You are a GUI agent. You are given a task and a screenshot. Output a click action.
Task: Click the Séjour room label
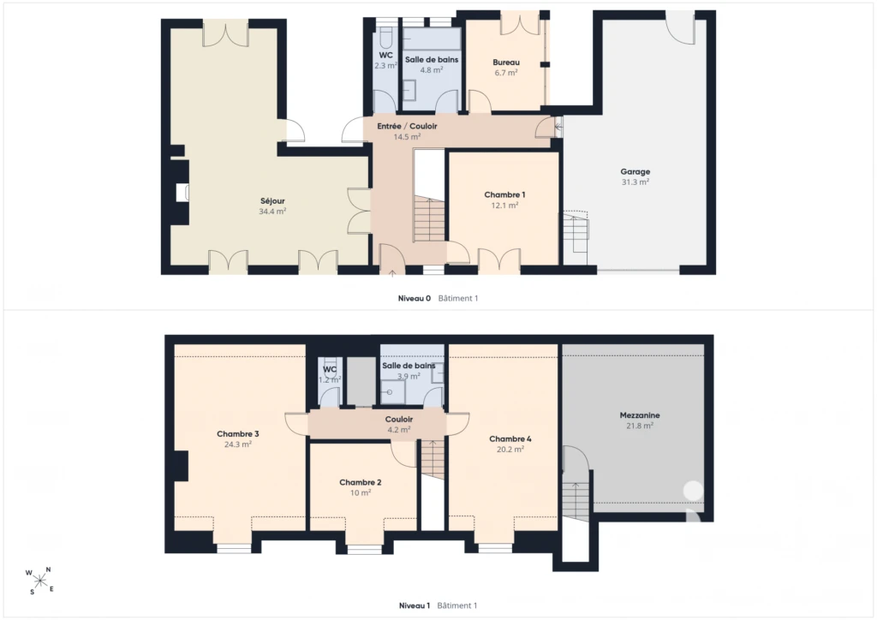pyautogui.click(x=272, y=201)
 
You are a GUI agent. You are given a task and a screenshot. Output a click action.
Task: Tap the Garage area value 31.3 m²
pyautogui.click(x=635, y=182)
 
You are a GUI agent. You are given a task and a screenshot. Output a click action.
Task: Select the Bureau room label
pyautogui.click(x=506, y=63)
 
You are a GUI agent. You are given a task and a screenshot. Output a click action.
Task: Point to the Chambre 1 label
pyautogui.click(x=504, y=195)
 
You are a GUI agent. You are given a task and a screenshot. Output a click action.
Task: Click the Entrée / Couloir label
pyautogui.click(x=407, y=127)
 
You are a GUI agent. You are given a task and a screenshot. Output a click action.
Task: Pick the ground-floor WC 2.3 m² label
pyautogui.click(x=386, y=61)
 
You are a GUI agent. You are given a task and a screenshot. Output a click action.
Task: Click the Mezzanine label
pyautogui.click(x=640, y=415)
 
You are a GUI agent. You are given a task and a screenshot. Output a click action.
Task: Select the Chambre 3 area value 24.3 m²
pyautogui.click(x=238, y=444)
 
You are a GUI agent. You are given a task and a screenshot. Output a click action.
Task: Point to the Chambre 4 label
pyautogui.click(x=510, y=438)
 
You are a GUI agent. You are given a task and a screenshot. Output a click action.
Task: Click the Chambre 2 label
pyautogui.click(x=361, y=482)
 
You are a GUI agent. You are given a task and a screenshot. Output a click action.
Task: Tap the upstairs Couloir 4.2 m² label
pyautogui.click(x=399, y=425)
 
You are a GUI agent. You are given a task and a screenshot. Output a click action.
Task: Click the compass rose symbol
pyautogui.click(x=40, y=581)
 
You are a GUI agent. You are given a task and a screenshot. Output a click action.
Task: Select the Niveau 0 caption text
pyautogui.click(x=415, y=299)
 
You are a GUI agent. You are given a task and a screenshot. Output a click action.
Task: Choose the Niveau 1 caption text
pyautogui.click(x=415, y=605)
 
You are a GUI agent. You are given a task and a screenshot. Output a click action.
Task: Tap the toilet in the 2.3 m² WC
pyautogui.click(x=386, y=37)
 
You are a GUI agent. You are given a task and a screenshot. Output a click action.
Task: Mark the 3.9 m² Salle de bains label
pyautogui.click(x=409, y=371)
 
